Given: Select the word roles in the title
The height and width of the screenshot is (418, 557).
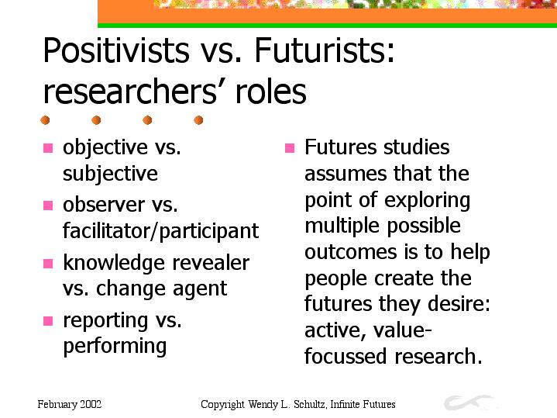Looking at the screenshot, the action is (270, 92).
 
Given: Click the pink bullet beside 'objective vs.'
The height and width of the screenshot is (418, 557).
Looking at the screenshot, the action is (48, 147).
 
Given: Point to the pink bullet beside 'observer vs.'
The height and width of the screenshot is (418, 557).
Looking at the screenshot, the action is (48, 206).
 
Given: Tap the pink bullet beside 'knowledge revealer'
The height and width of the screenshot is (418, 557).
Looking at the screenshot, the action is (48, 263).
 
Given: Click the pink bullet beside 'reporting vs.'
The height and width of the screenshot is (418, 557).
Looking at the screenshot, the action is (48, 321).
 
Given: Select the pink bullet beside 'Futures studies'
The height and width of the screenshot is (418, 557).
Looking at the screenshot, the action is (290, 147).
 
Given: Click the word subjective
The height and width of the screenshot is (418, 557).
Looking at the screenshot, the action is (110, 174).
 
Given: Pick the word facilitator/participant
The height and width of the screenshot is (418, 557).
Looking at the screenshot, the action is (161, 232).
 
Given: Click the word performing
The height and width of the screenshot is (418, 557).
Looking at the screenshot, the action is (115, 347).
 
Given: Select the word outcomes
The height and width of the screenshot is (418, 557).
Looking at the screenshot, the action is (351, 252).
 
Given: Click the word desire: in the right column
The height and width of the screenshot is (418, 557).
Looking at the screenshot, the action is (459, 304).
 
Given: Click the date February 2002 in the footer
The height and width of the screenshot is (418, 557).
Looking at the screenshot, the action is (70, 405).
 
